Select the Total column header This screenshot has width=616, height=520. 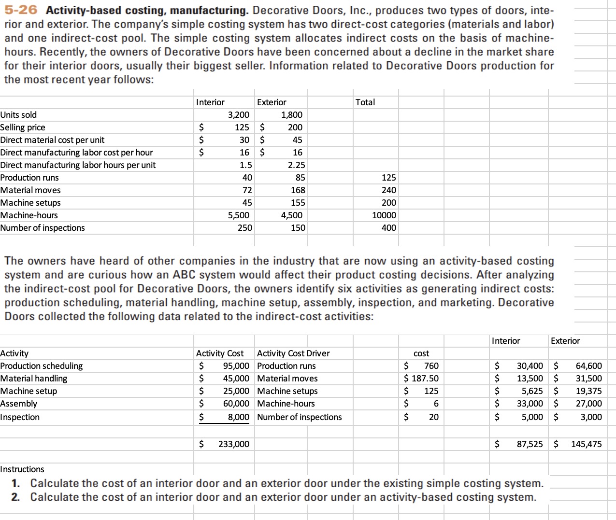click(365, 102)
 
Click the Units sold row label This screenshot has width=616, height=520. click(18, 115)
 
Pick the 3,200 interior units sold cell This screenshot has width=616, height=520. click(239, 115)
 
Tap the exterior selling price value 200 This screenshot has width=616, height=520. click(295, 127)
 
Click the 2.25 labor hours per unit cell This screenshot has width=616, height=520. click(297, 165)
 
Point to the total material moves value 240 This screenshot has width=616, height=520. click(388, 190)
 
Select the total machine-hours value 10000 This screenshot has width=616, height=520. click(384, 215)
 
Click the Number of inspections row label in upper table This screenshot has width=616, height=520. click(43, 228)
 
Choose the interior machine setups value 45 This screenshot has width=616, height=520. click(247, 203)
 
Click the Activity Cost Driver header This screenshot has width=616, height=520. click(293, 353)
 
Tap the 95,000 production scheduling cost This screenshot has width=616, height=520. click(236, 366)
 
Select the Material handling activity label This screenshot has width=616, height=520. click(34, 379)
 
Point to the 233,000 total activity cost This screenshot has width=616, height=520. click(234, 444)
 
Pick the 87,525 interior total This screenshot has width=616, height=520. click(530, 444)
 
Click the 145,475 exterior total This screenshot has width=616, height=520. click(587, 444)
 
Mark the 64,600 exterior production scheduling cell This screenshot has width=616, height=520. click(588, 366)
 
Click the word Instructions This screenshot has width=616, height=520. click(22, 469)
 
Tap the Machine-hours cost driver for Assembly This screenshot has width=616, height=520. click(286, 404)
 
